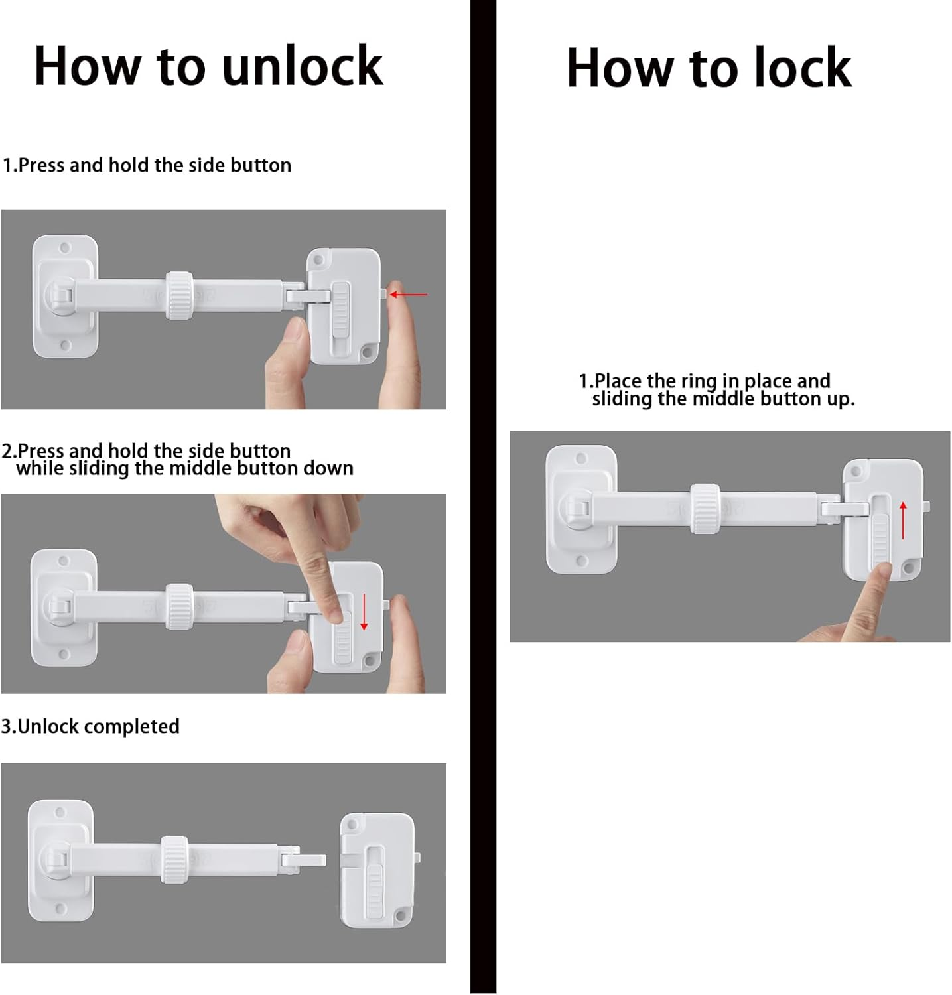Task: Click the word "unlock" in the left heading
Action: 302,66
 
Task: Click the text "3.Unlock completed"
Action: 90,726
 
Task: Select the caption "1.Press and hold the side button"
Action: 147,165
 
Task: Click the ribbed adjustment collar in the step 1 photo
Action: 179,296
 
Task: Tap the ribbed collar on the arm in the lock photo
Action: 705,509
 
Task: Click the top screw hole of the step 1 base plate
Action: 65,249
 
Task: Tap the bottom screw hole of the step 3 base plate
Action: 60,909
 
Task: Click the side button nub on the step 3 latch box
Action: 417,858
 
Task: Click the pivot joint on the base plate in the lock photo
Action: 576,509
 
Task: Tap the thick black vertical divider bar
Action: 483,497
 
